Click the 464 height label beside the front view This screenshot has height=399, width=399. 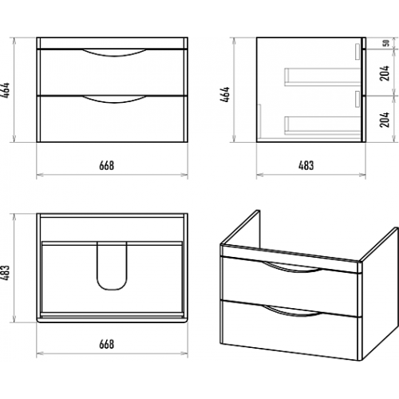[6, 90]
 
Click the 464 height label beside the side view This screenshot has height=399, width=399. [225, 94]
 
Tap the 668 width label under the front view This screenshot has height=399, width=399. [107, 165]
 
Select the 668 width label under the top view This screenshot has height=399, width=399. [107, 344]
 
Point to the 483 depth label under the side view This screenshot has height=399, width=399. [306, 165]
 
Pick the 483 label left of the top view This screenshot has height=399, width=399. [6, 273]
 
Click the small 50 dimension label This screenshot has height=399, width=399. [386, 43]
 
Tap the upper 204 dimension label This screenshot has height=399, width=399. [385, 73]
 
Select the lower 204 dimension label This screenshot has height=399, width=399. [385, 120]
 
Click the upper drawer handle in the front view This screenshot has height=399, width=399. [114, 54]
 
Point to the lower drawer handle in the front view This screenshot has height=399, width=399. [114, 100]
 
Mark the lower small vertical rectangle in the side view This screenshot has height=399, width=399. [358, 99]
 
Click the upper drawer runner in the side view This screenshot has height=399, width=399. [322, 77]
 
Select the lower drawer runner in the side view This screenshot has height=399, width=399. [322, 125]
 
